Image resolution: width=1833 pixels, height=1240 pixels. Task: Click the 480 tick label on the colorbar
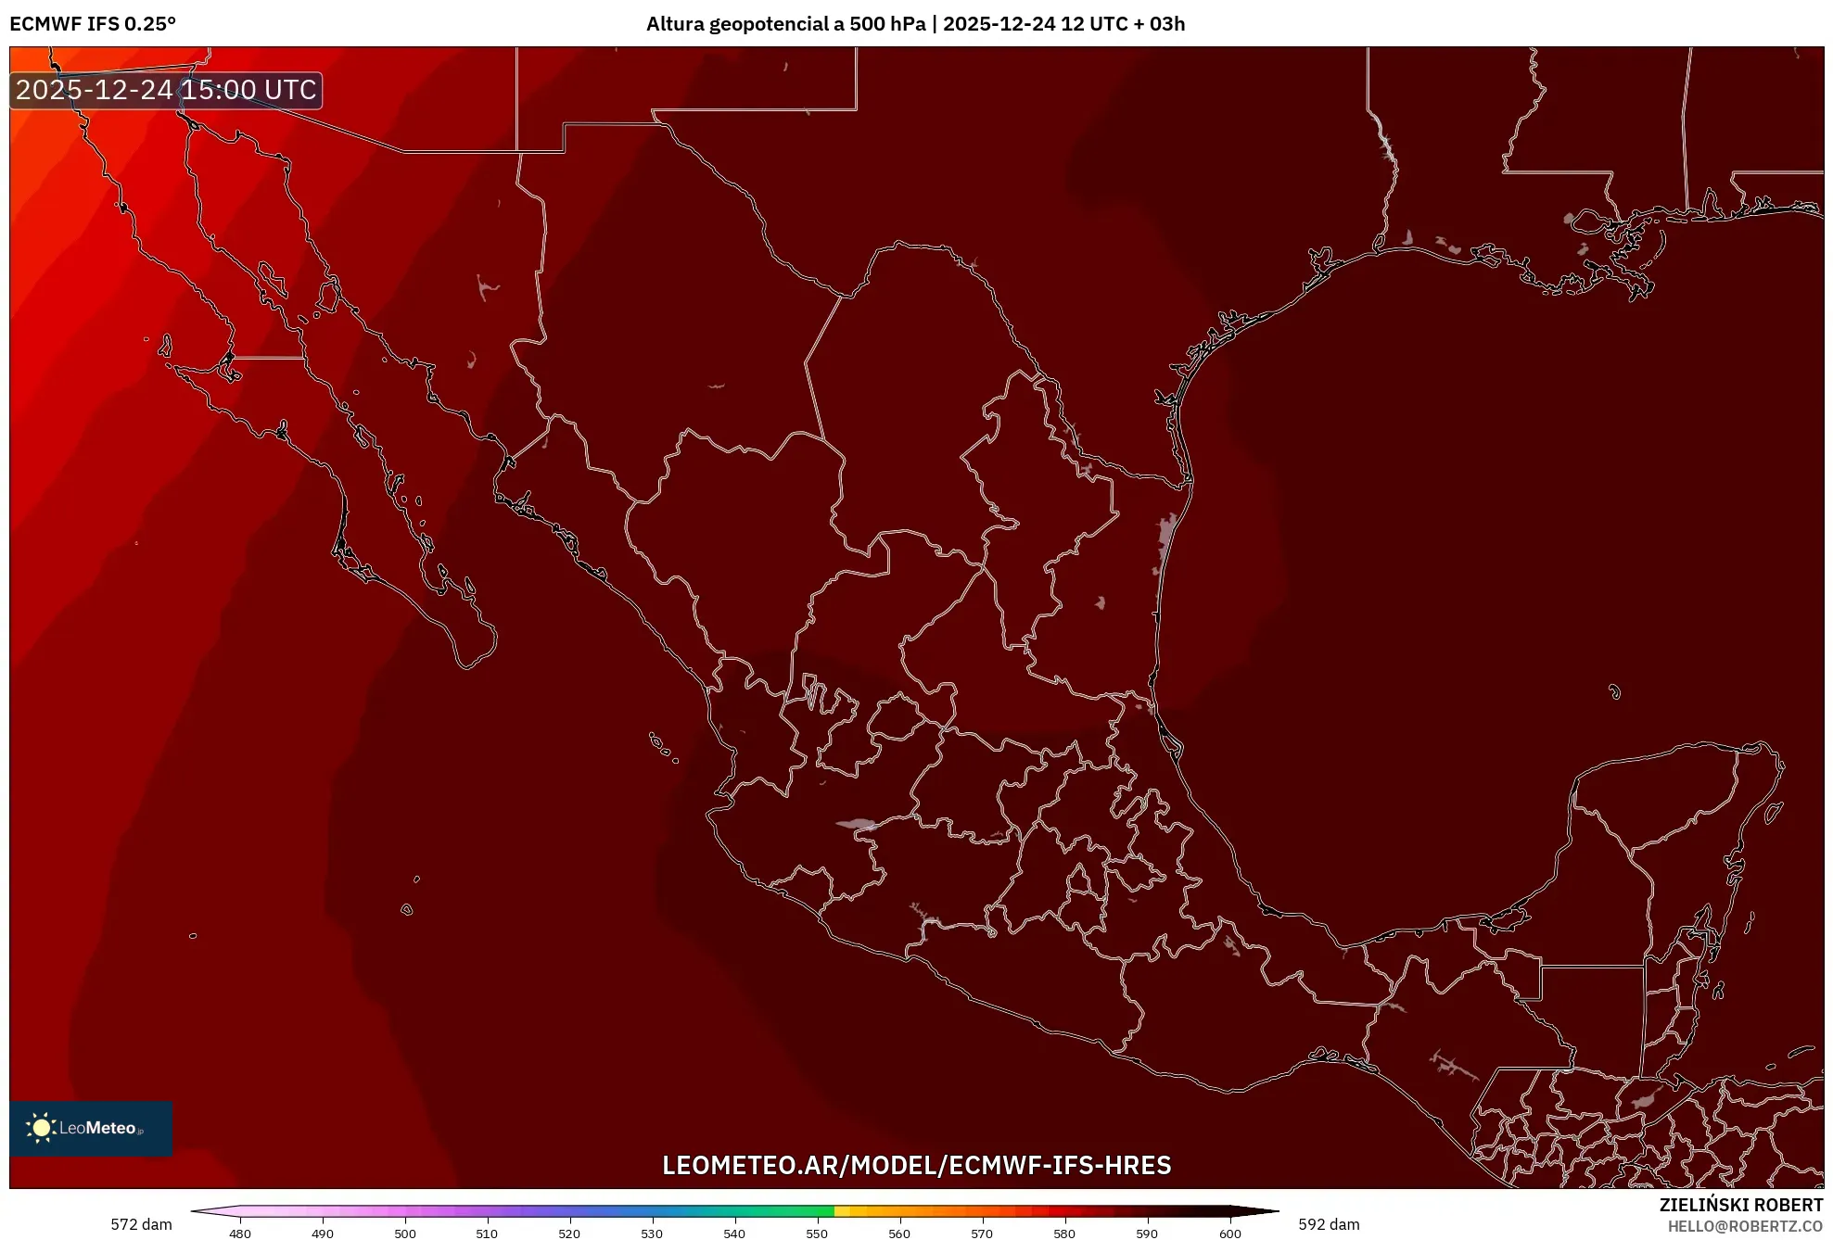(x=240, y=1234)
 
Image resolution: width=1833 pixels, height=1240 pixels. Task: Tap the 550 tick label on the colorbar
(x=817, y=1234)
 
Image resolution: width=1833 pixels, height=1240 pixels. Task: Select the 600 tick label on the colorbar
(x=1229, y=1234)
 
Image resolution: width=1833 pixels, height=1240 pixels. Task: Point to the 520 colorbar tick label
(x=569, y=1234)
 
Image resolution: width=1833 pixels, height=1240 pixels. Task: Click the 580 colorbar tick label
(x=1064, y=1234)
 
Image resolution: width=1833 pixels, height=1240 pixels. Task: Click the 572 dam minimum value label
(x=141, y=1224)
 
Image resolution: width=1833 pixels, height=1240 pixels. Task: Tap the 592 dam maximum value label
(x=1329, y=1224)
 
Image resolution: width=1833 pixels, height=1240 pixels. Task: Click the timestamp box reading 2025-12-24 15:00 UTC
(x=166, y=90)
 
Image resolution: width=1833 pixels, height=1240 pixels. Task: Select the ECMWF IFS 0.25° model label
(x=93, y=24)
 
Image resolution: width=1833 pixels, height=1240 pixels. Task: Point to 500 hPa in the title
(x=887, y=24)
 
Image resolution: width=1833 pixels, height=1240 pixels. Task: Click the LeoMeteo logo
(x=91, y=1128)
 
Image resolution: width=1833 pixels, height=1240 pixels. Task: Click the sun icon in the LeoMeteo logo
(x=41, y=1127)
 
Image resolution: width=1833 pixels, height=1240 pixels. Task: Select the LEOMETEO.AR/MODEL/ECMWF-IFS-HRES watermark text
(x=916, y=1165)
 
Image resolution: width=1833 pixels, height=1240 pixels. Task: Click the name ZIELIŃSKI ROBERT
(x=1740, y=1205)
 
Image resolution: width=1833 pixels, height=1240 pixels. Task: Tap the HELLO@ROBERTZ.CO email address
(x=1745, y=1226)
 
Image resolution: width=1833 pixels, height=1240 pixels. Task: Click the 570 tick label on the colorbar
(x=982, y=1234)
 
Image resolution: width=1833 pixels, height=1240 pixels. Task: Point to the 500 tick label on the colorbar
(x=405, y=1234)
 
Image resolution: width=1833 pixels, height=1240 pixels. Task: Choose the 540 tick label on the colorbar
(x=734, y=1234)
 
